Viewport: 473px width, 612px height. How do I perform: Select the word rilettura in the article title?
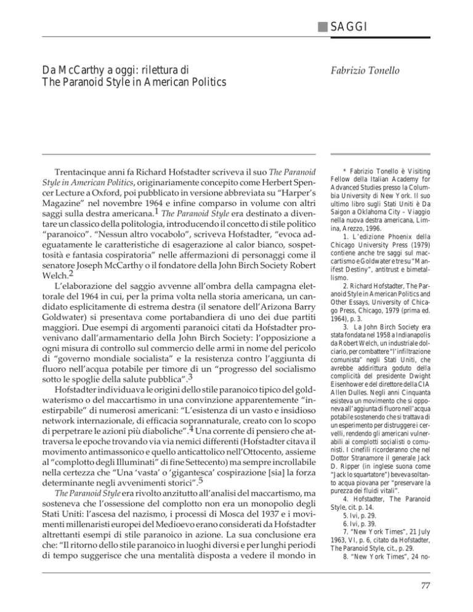coord(141,65)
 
